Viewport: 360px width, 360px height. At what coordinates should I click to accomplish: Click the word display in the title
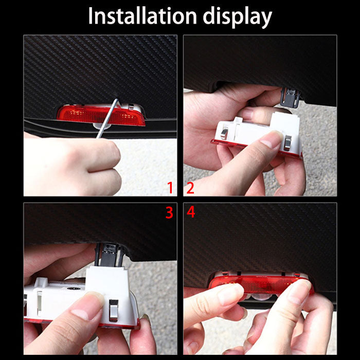coord(236,17)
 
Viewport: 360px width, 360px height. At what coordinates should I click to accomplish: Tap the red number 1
coord(170,188)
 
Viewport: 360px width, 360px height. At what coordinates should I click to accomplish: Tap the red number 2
coord(190,188)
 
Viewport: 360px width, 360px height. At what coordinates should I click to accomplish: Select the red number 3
coord(169,212)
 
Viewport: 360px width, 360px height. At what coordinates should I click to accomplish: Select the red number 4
coord(191,212)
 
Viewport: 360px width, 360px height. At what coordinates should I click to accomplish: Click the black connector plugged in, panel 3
coord(109,253)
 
